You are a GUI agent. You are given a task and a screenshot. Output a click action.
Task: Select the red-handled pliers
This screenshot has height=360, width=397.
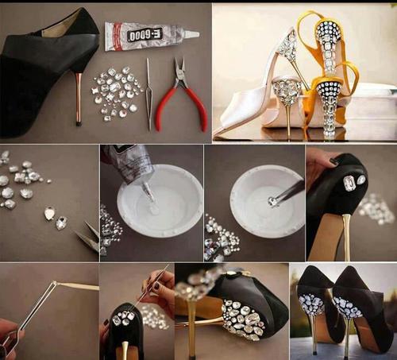tap(185, 95)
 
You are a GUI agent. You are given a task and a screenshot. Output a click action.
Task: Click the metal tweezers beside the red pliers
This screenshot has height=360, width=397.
tap(148, 94)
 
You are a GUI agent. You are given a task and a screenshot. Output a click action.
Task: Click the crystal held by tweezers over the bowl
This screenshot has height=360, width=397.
tap(272, 201)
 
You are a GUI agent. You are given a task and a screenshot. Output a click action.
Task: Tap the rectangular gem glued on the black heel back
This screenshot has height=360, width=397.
tap(350, 183)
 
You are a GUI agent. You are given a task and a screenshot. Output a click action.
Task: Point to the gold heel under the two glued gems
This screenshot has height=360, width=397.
tap(347, 236)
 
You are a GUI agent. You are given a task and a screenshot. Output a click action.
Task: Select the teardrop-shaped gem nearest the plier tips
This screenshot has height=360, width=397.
tap(62, 223)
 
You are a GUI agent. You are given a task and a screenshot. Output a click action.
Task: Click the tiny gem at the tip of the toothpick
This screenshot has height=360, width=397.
tap(55, 283)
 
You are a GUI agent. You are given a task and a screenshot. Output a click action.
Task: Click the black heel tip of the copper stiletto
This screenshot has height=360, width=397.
tap(79, 123)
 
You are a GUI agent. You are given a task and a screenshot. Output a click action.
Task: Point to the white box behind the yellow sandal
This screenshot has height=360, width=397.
tap(371, 109)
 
